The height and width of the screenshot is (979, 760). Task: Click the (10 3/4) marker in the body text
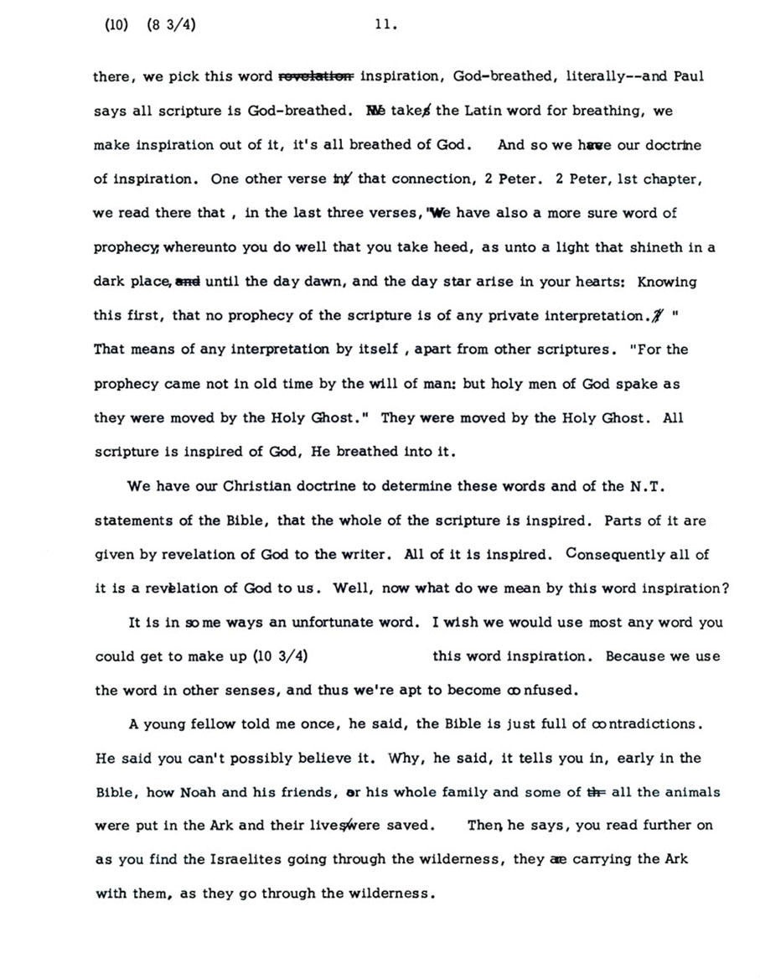coord(285,657)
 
